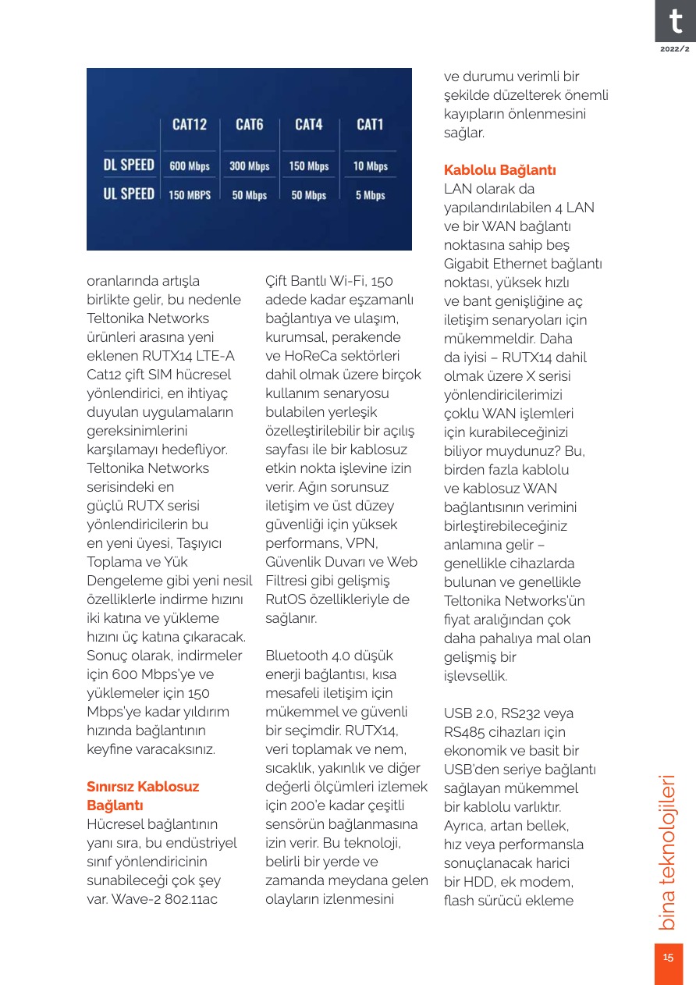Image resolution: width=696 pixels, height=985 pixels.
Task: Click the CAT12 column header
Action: [190, 125]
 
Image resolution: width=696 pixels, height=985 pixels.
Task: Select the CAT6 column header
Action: [250, 125]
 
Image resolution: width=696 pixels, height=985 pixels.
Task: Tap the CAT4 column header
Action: [309, 125]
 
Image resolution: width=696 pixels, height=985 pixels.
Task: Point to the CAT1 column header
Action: [370, 125]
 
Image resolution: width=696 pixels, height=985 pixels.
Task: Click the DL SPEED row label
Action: [129, 165]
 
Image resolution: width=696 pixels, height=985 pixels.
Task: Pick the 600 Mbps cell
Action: [190, 166]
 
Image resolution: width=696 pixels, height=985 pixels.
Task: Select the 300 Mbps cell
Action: [250, 166]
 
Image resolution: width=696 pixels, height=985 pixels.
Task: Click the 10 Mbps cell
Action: [370, 166]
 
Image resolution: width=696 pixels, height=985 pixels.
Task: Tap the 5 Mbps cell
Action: [370, 195]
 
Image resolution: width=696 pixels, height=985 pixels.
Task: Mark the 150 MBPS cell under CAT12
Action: [190, 195]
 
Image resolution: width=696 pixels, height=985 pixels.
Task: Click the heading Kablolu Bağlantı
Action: [499, 170]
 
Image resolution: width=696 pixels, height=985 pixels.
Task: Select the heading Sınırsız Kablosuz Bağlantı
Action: [143, 795]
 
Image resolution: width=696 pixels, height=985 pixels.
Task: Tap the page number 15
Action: [668, 958]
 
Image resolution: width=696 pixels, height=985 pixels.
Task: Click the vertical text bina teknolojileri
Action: [668, 852]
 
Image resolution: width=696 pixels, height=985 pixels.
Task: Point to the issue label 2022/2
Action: [674, 49]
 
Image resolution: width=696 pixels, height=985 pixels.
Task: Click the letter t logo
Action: [674, 21]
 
